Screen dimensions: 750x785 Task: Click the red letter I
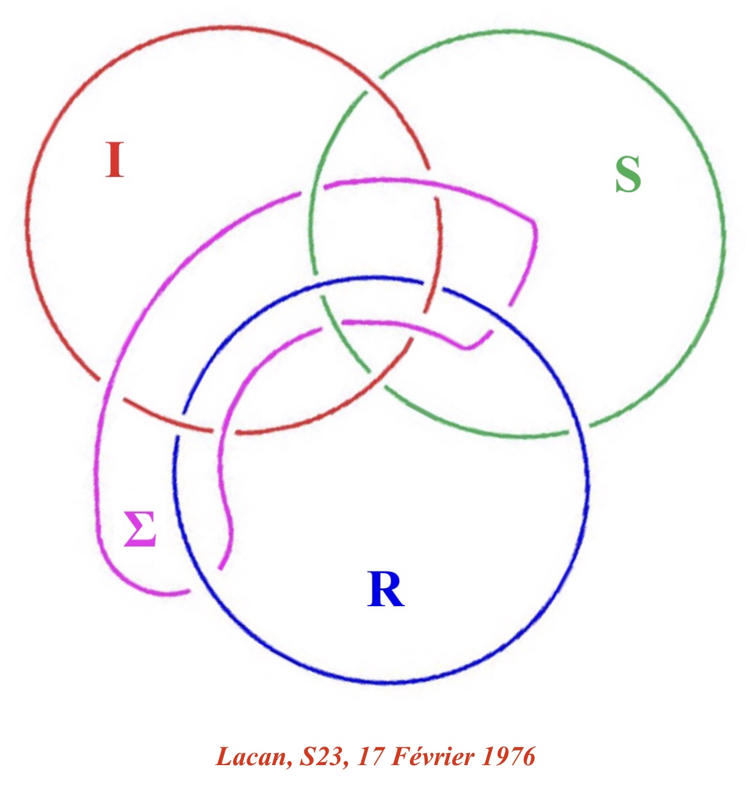click(x=115, y=160)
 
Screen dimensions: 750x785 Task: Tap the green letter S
click(x=628, y=174)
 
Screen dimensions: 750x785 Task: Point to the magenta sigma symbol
click(x=140, y=529)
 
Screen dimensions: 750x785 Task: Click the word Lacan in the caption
click(x=250, y=757)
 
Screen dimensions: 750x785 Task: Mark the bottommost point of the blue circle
click(x=382, y=683)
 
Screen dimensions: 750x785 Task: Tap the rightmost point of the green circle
click(x=724, y=231)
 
